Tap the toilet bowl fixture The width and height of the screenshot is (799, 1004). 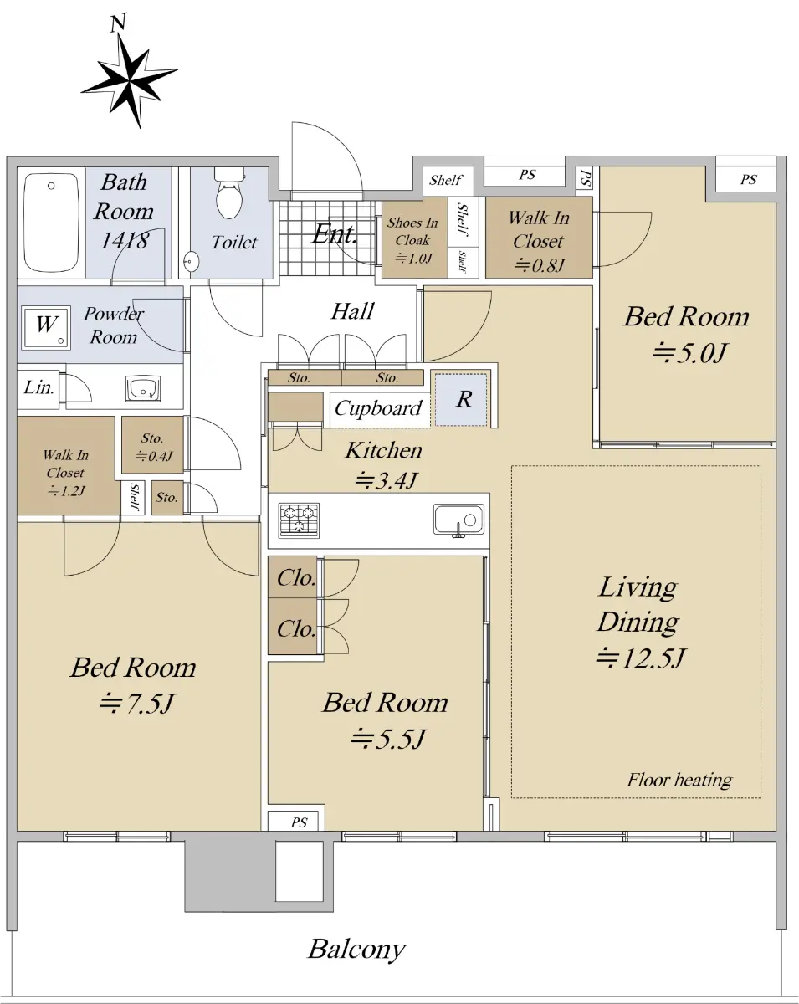229,193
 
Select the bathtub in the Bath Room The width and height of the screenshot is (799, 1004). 51,223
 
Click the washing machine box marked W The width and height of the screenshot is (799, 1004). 46,327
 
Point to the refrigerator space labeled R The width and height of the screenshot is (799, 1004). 461,399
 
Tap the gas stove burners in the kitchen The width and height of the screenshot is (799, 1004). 299,520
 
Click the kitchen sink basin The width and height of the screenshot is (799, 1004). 458,519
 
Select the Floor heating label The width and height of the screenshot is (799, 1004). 679,780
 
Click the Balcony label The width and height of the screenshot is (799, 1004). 356,950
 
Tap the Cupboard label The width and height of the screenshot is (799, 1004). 378,408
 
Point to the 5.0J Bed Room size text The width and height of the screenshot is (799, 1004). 689,352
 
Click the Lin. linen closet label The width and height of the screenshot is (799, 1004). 38,387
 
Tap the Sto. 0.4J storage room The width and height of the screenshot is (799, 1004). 152,444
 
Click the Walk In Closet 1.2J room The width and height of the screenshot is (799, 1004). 66,466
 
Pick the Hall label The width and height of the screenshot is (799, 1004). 352,311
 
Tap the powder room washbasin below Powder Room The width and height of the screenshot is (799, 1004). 143,388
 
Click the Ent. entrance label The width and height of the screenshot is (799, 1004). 335,234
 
